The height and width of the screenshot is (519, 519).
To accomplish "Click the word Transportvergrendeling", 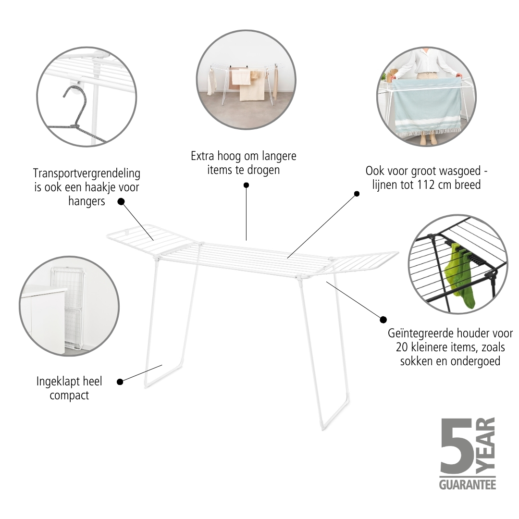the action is tap(86, 173).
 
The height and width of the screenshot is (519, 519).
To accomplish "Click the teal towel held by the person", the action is tap(427, 106).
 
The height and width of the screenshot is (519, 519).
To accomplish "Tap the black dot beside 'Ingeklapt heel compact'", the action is tap(120, 382).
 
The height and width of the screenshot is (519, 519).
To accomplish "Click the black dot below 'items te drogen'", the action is tap(246, 185).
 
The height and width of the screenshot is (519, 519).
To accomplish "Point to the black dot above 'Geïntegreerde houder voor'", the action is tap(383, 320).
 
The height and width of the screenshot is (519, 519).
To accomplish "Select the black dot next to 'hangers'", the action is tap(121, 201).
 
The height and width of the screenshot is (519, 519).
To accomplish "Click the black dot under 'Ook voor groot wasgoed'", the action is tap(357, 194).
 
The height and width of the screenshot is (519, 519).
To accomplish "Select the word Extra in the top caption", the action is tap(202, 156).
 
